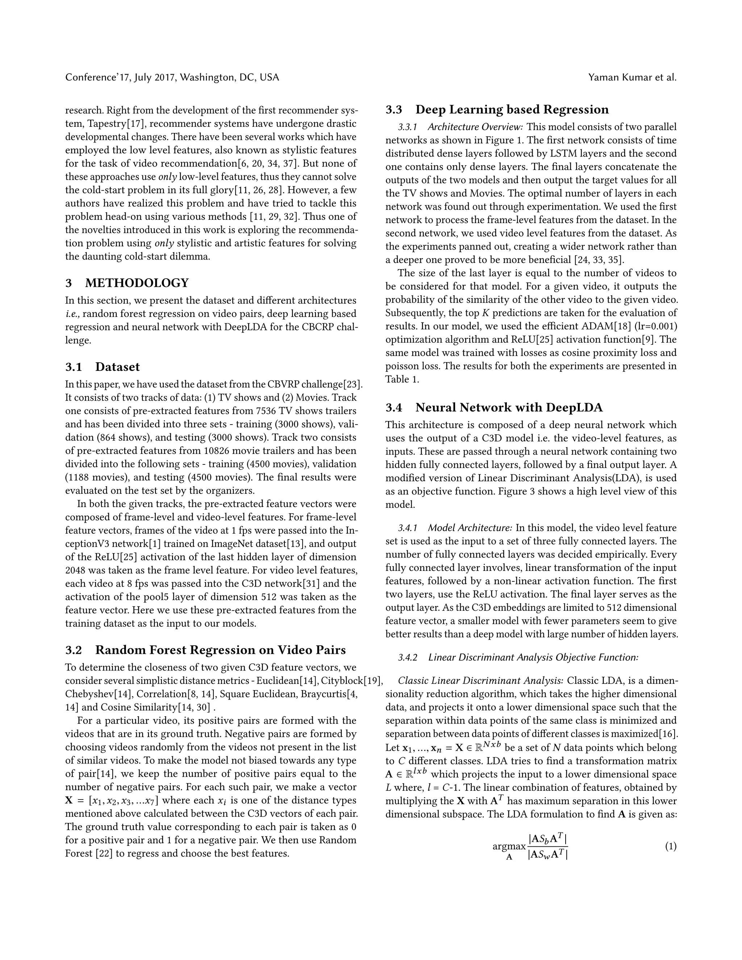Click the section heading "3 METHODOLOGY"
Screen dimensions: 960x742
[127, 283]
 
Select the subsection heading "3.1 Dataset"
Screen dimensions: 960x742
[103, 367]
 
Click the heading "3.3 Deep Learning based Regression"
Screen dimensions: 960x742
[497, 109]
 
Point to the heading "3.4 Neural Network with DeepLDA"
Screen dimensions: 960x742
[494, 408]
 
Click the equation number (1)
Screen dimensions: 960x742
[670, 846]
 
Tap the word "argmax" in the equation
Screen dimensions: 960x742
[509, 846]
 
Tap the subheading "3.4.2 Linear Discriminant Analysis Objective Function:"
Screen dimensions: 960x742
[518, 658]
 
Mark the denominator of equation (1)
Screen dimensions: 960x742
[548, 855]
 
